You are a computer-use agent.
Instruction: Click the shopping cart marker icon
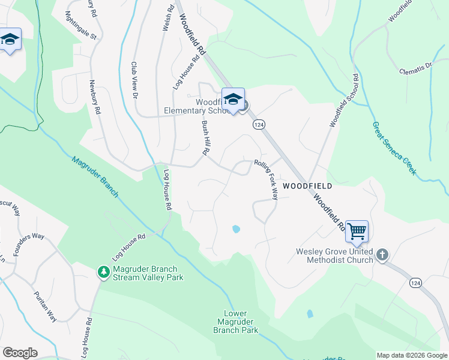pos(357,230)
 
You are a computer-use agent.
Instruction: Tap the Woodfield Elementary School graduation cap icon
pos(233,98)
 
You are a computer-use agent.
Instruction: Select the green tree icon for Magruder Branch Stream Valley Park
pos(104,272)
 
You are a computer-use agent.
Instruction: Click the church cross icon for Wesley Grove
pos(382,255)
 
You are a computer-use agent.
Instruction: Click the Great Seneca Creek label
pos(394,148)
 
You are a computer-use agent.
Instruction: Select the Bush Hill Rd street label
pos(205,138)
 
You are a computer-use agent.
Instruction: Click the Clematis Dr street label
pos(415,68)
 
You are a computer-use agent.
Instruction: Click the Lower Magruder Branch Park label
pos(241,322)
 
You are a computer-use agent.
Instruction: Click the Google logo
pos(20,353)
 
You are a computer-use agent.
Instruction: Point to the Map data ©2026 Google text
pos(412,355)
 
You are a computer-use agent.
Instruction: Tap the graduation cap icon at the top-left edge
pos(10,40)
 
